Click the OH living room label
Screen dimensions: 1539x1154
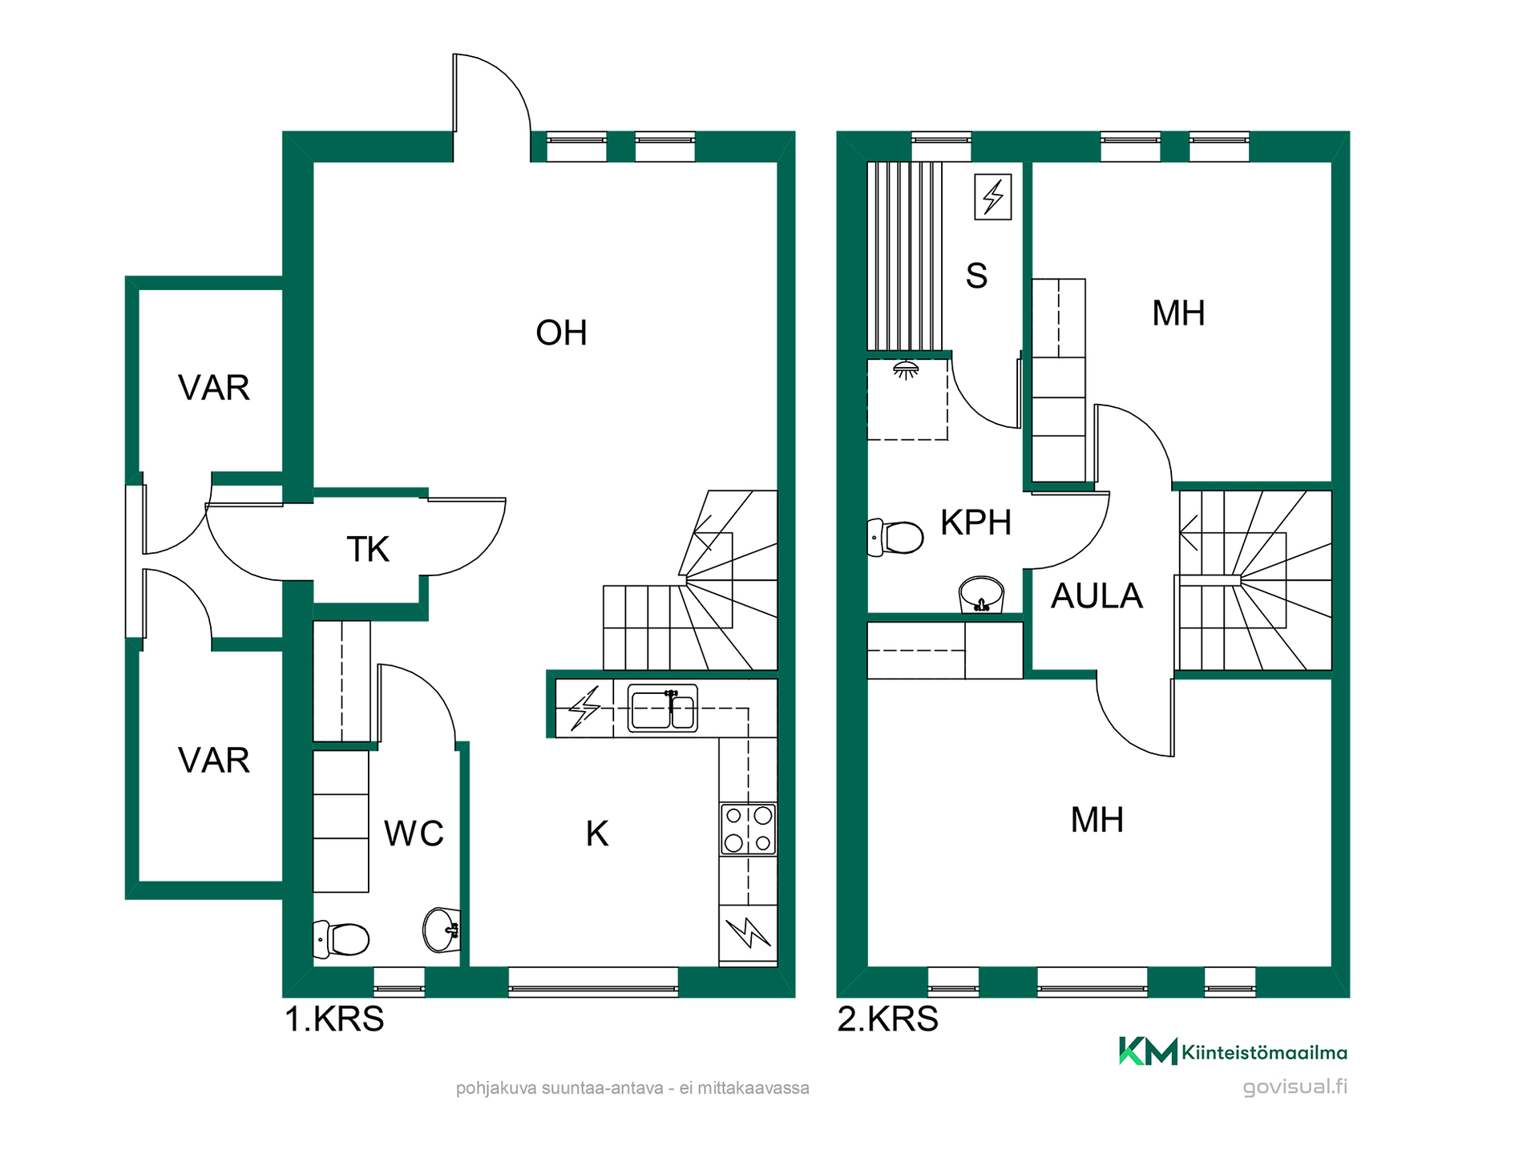coord(561,333)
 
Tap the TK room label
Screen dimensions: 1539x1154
coord(368,550)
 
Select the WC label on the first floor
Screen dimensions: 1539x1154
coord(414,833)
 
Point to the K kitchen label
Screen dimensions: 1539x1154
coord(597,833)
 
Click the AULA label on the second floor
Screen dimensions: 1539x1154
coord(1097,596)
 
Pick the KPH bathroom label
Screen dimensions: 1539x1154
coord(976,523)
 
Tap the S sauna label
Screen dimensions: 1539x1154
coord(976,276)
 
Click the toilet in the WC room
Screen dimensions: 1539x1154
coord(341,938)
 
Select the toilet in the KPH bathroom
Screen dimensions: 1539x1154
coord(895,538)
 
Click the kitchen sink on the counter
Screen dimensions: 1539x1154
coord(662,708)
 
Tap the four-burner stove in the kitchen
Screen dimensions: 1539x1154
coord(748,829)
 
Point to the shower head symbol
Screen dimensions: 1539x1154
coord(906,370)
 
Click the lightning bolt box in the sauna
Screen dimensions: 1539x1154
coord(992,196)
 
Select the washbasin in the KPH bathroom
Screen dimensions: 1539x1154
coord(981,595)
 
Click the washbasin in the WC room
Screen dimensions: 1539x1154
coord(442,930)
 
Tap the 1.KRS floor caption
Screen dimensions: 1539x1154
coord(334,1019)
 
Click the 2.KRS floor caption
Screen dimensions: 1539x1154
coord(887,1019)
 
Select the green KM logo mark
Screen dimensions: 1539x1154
coord(1148,1051)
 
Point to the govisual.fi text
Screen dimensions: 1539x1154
coord(1295,1087)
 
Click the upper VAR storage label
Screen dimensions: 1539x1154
coord(214,388)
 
